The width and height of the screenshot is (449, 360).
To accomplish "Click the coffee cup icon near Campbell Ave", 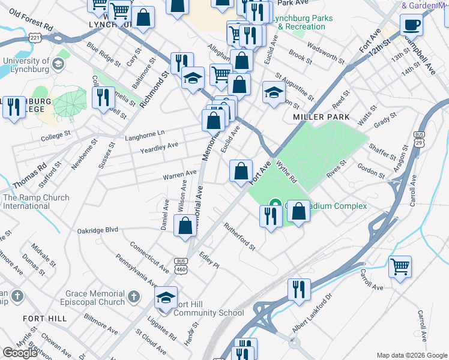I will [411, 25].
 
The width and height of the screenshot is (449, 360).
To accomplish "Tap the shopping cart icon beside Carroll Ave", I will [400, 266].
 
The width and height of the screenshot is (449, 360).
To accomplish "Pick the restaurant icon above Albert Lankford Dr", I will [297, 290].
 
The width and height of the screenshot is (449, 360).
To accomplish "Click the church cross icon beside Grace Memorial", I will [134, 296].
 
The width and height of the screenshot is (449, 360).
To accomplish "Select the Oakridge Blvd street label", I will [98, 230].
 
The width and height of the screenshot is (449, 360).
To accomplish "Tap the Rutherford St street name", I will [240, 236].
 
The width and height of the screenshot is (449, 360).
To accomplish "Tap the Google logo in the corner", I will [20, 353].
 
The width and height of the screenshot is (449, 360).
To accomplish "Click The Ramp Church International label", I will [35, 202].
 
